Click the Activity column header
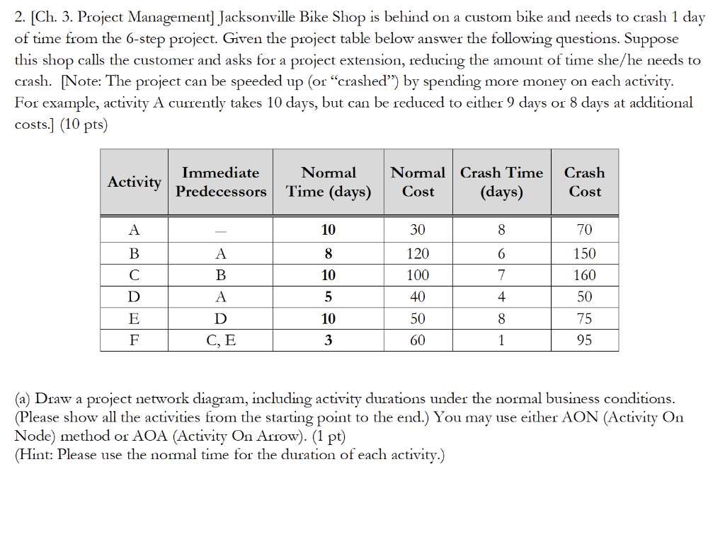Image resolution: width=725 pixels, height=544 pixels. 134,182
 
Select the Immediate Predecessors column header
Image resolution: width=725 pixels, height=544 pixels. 221,182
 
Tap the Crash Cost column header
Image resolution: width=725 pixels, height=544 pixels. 584,182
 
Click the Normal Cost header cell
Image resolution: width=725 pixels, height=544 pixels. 418,182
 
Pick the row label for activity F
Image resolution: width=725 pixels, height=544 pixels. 134,341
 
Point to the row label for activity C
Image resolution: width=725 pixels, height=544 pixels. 134,275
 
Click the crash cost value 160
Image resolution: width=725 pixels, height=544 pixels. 584,275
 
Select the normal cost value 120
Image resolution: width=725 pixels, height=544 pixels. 418,253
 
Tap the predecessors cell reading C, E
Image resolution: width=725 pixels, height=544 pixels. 221,341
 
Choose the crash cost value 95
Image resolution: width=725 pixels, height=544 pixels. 584,341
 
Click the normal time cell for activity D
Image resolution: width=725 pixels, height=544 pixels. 329,297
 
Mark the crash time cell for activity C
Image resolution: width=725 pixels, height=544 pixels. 501,275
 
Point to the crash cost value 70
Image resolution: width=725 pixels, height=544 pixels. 584,230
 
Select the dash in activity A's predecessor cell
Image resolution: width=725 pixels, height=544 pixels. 221,231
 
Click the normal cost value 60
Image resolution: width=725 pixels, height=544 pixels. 418,341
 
